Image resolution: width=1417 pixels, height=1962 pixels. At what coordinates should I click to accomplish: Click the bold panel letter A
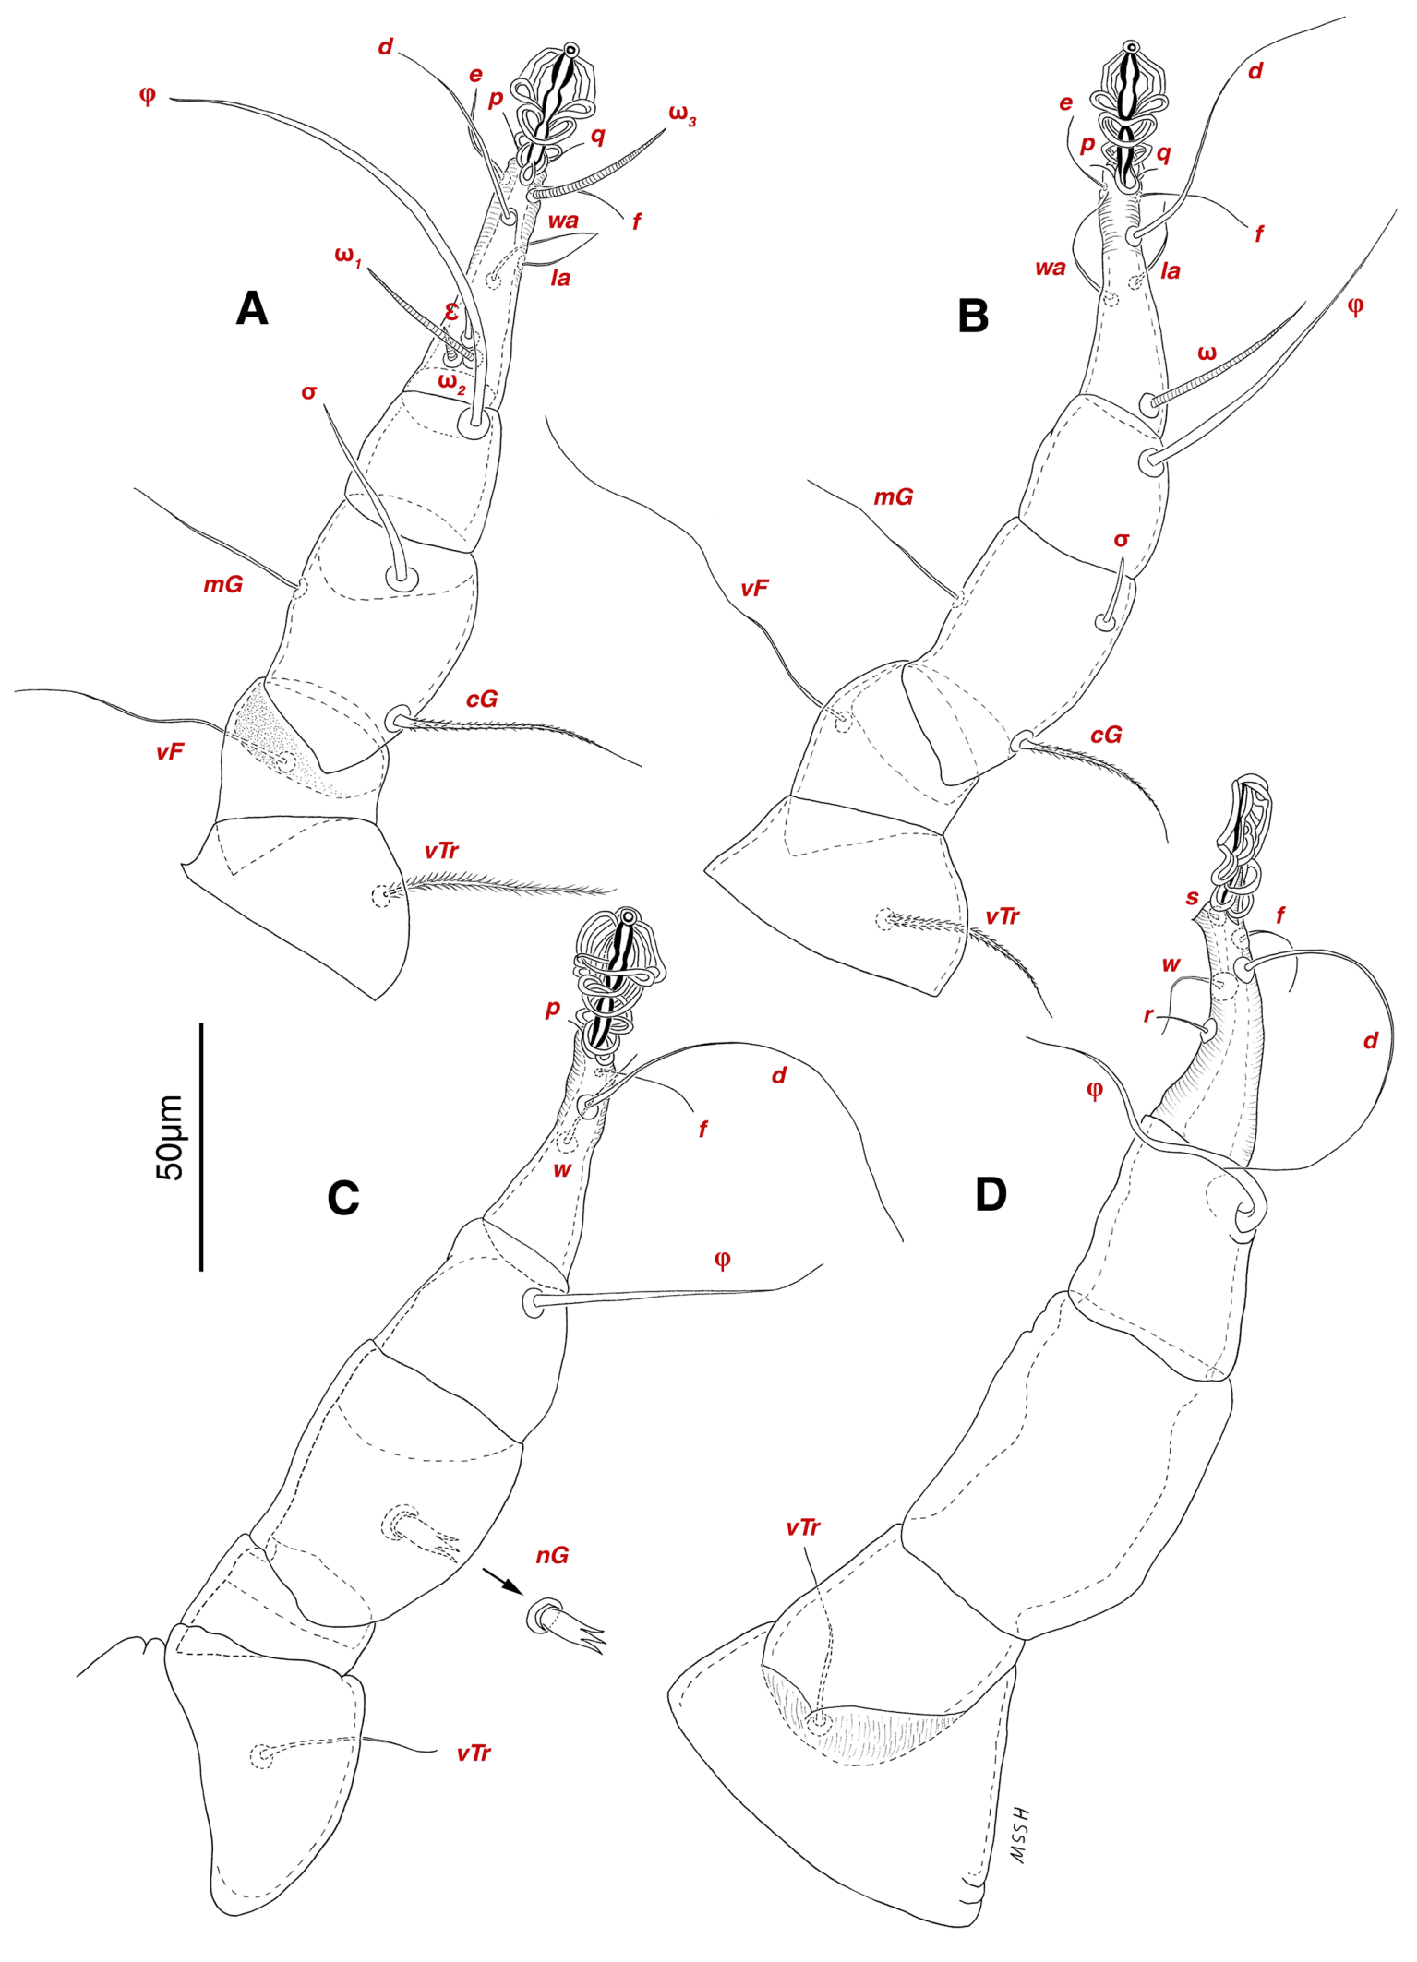[252, 308]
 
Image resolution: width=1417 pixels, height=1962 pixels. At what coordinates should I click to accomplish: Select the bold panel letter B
[973, 316]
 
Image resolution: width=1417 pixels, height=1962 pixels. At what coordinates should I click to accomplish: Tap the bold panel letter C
[343, 1198]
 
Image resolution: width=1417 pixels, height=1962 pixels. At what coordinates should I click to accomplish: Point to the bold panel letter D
[991, 1195]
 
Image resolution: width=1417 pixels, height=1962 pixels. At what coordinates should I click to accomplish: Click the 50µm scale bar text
[171, 1138]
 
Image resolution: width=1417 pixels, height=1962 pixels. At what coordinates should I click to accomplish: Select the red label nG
[552, 1556]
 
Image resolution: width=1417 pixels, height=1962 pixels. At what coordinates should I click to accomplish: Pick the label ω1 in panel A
[348, 256]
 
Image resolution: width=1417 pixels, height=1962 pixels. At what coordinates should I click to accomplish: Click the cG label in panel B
[1106, 735]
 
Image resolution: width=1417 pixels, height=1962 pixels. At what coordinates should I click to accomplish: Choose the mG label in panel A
[222, 584]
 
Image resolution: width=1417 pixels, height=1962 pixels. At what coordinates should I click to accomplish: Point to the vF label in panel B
[754, 588]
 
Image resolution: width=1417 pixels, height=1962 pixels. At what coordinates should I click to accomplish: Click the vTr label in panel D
[803, 1528]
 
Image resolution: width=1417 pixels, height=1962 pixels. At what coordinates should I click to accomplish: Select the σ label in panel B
[1122, 540]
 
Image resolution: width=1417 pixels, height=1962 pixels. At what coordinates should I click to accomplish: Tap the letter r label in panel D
[1148, 1015]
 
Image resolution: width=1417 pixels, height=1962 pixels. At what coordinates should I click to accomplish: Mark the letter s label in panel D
[1193, 897]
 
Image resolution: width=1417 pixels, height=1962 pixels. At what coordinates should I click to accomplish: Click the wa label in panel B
[1050, 269]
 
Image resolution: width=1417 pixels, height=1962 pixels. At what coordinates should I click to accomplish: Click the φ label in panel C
[723, 1260]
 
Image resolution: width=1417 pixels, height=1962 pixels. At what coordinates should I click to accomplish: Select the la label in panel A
[560, 278]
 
